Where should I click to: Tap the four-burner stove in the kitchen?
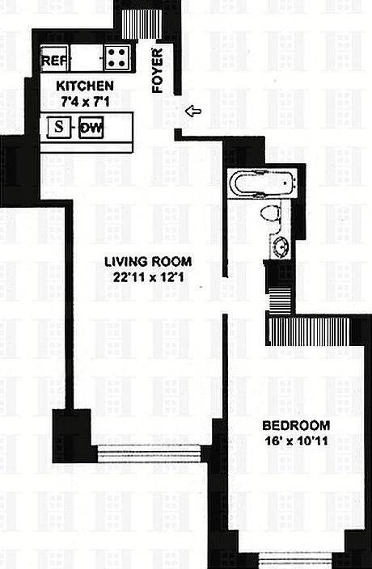click(117, 58)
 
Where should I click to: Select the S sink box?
click(58, 127)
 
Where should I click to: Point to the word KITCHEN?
click(83, 86)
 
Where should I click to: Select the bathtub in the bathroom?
click(260, 183)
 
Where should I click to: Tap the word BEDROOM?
click(295, 426)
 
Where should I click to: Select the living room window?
click(149, 453)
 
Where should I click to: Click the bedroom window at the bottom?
click(295, 559)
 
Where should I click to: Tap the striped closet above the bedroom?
click(310, 331)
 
